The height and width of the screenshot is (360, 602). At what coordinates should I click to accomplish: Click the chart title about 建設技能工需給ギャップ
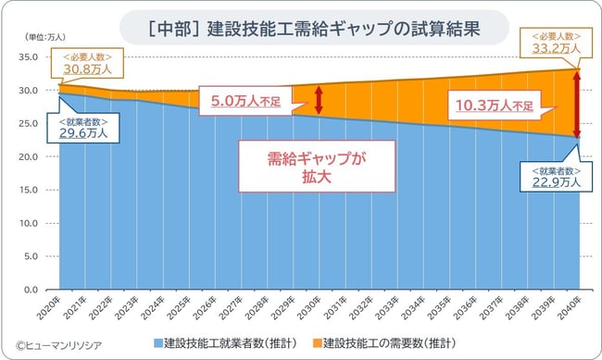[300, 27]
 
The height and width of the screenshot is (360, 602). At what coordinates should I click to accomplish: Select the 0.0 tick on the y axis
[28, 290]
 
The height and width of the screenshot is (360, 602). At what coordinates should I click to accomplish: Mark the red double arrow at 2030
[319, 99]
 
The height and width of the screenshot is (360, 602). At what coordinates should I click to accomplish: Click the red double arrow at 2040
[576, 105]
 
